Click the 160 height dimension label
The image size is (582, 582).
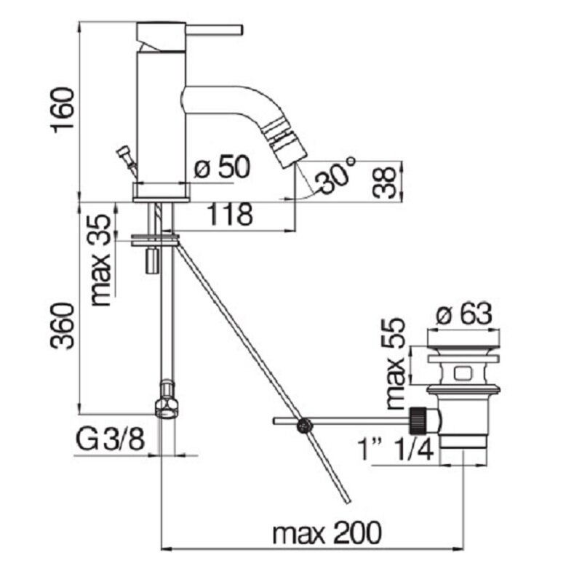click(63, 110)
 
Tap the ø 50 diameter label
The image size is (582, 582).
click(222, 167)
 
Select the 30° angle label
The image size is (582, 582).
click(335, 175)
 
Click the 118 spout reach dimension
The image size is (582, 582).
click(229, 214)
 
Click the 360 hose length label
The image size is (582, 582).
click(62, 326)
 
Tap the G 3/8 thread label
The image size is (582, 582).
click(110, 439)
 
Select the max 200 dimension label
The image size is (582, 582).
click(327, 533)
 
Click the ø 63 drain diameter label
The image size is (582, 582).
click(464, 315)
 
